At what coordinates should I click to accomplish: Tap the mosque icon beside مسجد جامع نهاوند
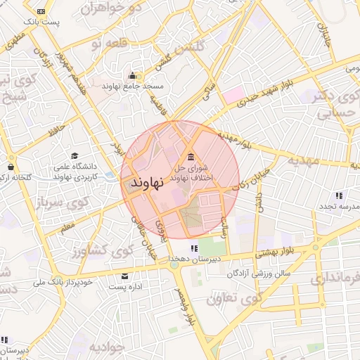[132, 75]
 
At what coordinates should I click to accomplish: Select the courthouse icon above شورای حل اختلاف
[191, 156]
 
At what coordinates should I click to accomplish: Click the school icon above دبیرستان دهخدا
[193, 247]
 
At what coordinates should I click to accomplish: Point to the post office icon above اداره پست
[125, 276]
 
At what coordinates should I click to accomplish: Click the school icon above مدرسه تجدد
[339, 195]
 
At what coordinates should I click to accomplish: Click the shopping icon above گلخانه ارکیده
[10, 167]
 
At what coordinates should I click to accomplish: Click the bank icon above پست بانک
[41, 12]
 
